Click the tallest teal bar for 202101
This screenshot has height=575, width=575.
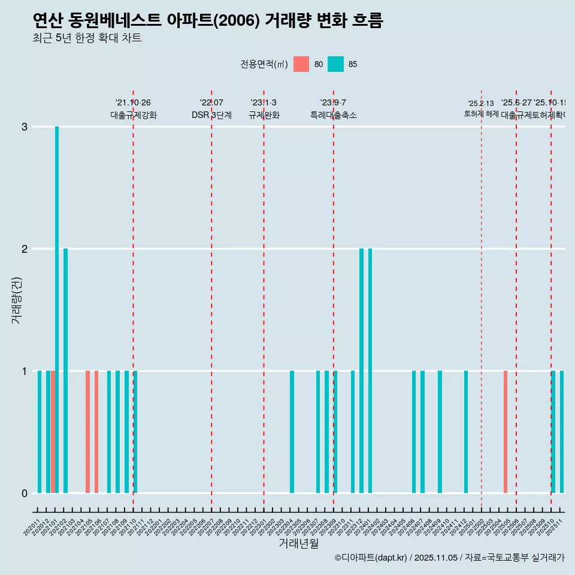pyautogui.click(x=57, y=309)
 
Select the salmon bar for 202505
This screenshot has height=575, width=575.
pyautogui.click(x=506, y=432)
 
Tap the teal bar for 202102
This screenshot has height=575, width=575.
pyautogui.click(x=66, y=370)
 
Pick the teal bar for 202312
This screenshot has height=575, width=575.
pyautogui.click(x=362, y=370)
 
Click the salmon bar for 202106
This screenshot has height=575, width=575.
pyautogui.click(x=96, y=432)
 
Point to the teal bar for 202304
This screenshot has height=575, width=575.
pyautogui.click(x=292, y=432)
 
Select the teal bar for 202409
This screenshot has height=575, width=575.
pyautogui.click(x=440, y=432)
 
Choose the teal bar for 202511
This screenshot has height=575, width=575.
pyautogui.click(x=562, y=432)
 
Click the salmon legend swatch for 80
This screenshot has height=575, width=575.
pyautogui.click(x=301, y=64)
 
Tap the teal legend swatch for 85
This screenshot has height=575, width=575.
pyautogui.click(x=335, y=64)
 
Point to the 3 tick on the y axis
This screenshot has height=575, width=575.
pyautogui.click(x=25, y=127)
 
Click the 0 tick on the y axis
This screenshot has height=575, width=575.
pyautogui.click(x=25, y=493)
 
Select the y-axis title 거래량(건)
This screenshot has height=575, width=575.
pyautogui.click(x=16, y=300)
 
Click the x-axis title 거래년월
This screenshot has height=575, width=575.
pyautogui.click(x=298, y=543)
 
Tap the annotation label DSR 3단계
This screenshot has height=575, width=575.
pyautogui.click(x=211, y=115)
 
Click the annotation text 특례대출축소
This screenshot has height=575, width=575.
pyautogui.click(x=333, y=115)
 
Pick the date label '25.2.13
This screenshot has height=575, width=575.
pyautogui.click(x=481, y=104)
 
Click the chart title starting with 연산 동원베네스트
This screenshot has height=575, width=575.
pyautogui.click(x=208, y=21)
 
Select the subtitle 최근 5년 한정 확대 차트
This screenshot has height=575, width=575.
pyautogui.click(x=87, y=38)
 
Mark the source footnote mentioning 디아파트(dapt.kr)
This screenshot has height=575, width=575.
pyautogui.click(x=449, y=558)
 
